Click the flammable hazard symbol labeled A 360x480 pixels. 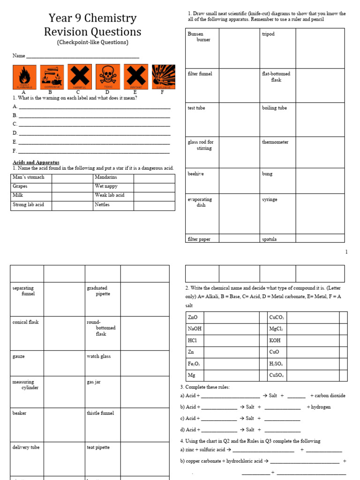pos(24,77)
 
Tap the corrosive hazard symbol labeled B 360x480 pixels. pos(52,77)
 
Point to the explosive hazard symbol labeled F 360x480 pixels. pos(164,77)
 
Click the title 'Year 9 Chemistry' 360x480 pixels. pos(92,18)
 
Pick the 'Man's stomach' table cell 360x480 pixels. pos(29,177)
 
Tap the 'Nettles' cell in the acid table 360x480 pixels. pos(102,204)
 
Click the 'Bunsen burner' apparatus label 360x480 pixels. pos(199,37)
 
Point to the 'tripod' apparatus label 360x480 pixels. pos(268,34)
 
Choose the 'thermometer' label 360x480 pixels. pos(275,142)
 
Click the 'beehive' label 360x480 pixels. pos(195,174)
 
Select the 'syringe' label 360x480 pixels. pos(270,199)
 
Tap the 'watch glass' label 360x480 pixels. pos(98,356)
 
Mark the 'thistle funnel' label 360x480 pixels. pos(100,413)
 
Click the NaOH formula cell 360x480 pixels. pos(194,329)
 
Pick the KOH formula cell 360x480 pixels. pos(275,340)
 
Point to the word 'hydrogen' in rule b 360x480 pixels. pos(321,407)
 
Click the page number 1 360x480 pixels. pos(346,252)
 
